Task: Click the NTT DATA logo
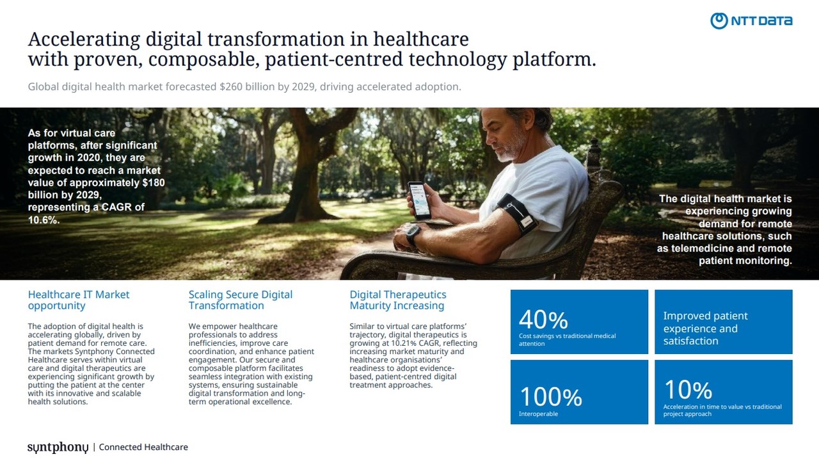(751, 21)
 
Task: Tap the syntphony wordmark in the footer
(58, 447)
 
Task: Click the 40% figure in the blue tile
(543, 319)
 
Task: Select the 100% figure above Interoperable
(551, 396)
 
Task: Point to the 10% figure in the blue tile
(688, 389)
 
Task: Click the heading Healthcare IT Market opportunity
(79, 300)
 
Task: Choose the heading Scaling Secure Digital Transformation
(241, 300)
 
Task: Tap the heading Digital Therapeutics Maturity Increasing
(398, 300)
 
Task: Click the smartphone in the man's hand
(419, 200)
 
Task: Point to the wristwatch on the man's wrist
(413, 234)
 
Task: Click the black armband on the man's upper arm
(516, 214)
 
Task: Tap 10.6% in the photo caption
(44, 220)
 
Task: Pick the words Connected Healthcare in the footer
(143, 447)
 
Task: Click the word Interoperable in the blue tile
(538, 414)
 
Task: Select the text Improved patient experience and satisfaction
(705, 328)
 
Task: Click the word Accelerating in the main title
(84, 40)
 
